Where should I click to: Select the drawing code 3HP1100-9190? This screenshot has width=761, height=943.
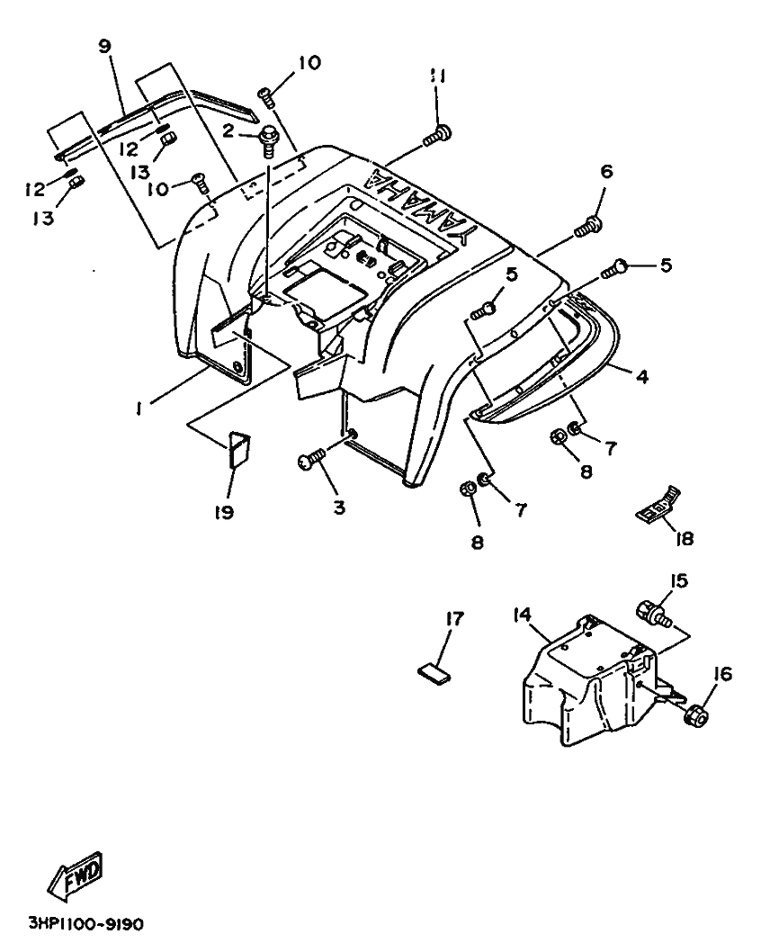point(87,922)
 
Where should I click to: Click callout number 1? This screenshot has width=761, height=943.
point(139,409)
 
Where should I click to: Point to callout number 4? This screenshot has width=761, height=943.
point(642,377)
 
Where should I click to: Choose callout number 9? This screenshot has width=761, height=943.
point(104,46)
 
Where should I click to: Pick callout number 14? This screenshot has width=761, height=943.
point(523,615)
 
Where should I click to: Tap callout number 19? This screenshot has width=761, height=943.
point(224,512)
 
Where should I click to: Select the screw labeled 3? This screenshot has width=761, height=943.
point(311,461)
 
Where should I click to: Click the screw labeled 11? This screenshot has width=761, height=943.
point(437,134)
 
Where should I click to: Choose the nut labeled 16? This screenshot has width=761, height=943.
point(696,714)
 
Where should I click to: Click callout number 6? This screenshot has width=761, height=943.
point(606,171)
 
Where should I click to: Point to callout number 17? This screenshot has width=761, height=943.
point(455,618)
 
